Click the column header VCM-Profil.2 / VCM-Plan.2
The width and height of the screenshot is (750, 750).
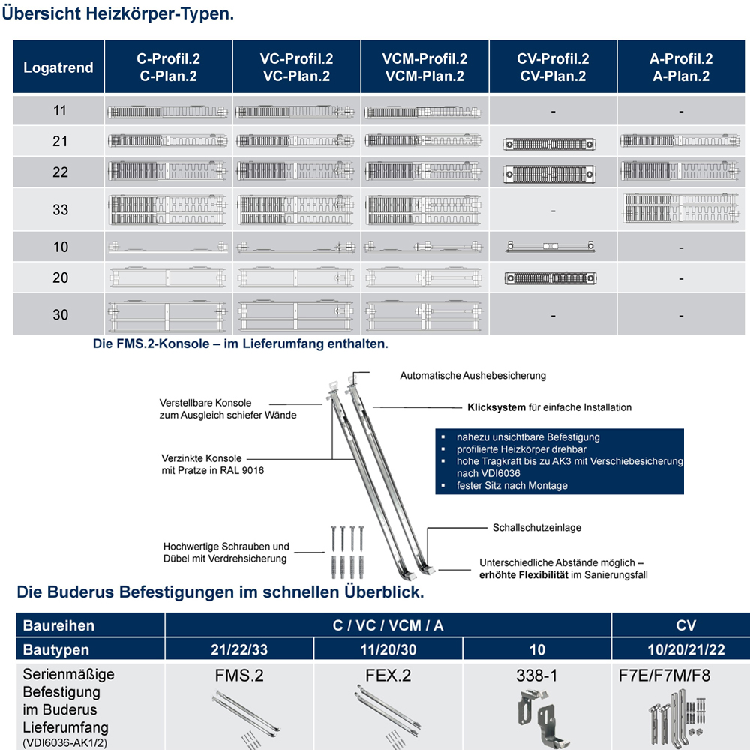pos(424,67)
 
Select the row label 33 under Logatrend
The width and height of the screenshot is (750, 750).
pos(60,210)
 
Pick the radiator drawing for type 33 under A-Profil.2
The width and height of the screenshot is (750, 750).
pos(681,209)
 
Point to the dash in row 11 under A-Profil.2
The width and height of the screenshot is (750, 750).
pos(681,111)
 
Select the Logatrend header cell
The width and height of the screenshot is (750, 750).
pos(58,67)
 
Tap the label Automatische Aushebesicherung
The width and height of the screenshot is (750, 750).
pos(472,375)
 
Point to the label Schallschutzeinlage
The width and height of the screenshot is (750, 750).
pos(536,528)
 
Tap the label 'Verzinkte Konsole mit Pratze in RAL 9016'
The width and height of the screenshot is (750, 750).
pos(213,464)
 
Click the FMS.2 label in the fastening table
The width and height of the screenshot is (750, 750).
pos(239,675)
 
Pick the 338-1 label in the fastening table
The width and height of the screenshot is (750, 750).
pos(537,675)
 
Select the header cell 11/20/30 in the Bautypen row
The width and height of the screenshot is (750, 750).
pos(388,649)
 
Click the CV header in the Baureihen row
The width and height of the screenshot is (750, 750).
pos(685,625)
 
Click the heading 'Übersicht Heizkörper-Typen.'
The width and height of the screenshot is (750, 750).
pos(118,14)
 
